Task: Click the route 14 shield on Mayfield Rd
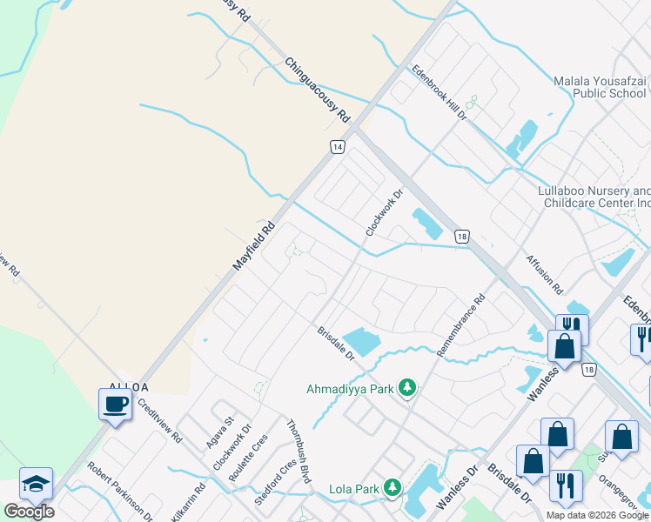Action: coord(338,147)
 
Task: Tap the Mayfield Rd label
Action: coord(253,245)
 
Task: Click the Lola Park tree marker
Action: coord(393,488)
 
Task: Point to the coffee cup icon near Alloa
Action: coord(116,404)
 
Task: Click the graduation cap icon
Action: coord(36,484)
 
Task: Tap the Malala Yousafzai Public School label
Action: coord(600,87)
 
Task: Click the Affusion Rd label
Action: coord(545,273)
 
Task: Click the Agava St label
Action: coord(218,432)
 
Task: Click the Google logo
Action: coord(29,511)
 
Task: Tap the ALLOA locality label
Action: coord(129,386)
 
